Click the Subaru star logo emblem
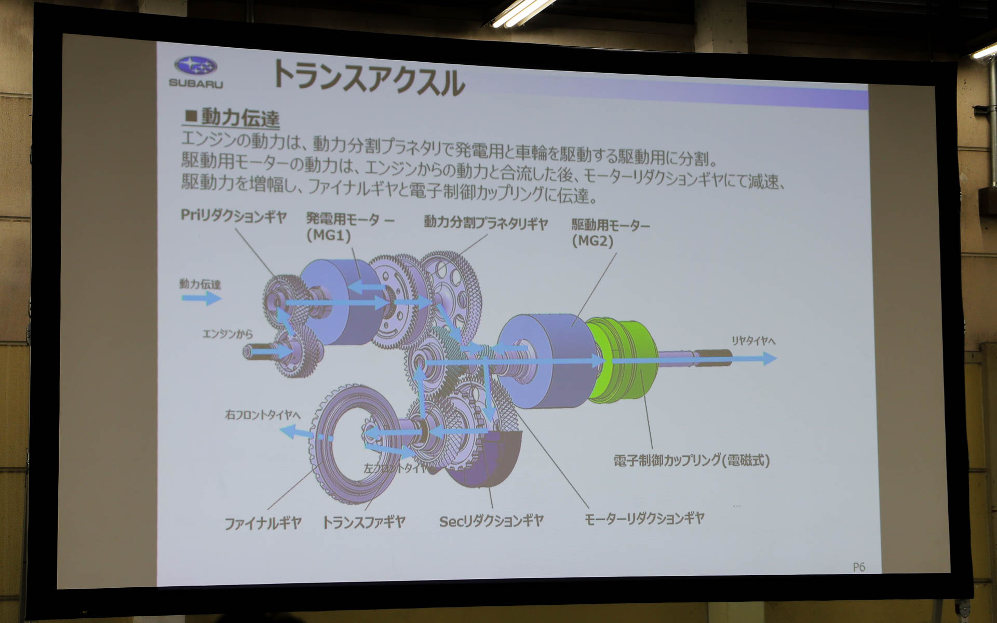click(196, 66)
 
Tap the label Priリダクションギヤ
click(233, 216)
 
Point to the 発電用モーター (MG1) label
click(349, 227)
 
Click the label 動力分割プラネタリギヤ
click(486, 223)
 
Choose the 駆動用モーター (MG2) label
click(610, 233)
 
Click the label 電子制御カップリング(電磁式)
click(691, 461)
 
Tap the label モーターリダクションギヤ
click(644, 519)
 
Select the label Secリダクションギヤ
click(491, 521)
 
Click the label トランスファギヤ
click(363, 522)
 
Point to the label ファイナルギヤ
click(263, 523)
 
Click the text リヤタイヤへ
click(753, 341)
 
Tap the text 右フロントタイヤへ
click(263, 415)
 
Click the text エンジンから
click(227, 333)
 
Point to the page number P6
click(859, 567)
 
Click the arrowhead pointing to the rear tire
click(769, 358)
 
